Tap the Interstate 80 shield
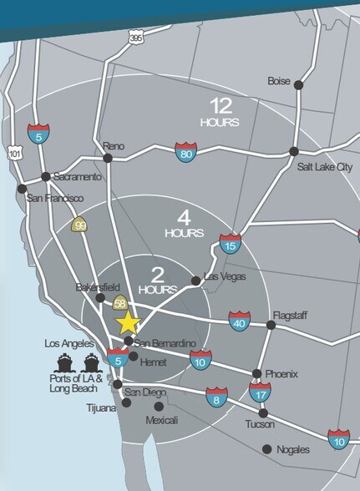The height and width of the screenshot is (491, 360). tap(186, 152)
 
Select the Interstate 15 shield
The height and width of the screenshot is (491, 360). tap(231, 243)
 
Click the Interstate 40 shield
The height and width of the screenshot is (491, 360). tap(240, 319)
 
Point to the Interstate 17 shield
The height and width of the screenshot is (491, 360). tap(260, 392)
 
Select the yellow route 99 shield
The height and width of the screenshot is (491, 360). tap(80, 224)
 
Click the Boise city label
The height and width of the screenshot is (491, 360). tap(278, 81)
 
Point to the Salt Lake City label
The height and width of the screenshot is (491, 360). tap(326, 167)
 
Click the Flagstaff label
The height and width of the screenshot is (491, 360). tap(291, 316)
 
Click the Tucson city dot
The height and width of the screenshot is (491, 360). tap(263, 413)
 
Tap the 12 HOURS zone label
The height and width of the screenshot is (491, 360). tap(221, 112)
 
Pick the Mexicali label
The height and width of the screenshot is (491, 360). tap(163, 419)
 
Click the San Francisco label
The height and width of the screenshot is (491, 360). tap(55, 199)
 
